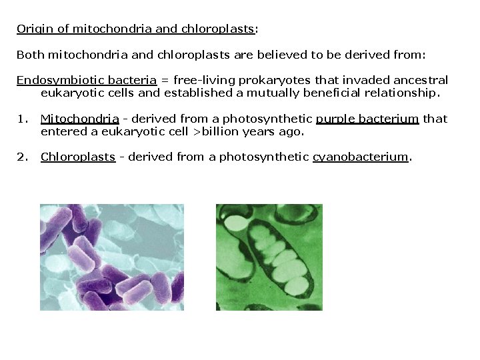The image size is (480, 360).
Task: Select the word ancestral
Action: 419,80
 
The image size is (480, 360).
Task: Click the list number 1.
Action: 22,119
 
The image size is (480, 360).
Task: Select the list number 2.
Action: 22,157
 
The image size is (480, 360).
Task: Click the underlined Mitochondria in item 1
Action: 80,119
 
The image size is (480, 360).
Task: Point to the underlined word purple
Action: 335,119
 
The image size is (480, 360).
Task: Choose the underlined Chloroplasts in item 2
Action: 78,157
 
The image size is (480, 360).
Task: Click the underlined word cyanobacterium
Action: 360,157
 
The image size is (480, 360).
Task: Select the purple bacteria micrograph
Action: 111,257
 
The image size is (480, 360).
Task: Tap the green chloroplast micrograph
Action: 269,257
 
